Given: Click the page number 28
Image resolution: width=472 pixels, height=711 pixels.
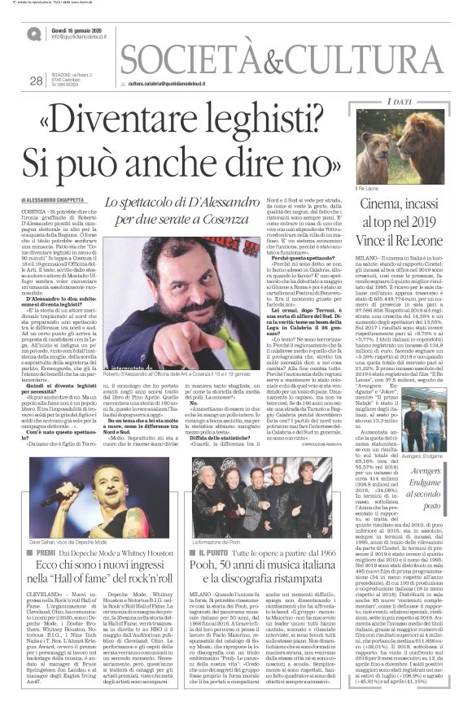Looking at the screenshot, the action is pos(35,81).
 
